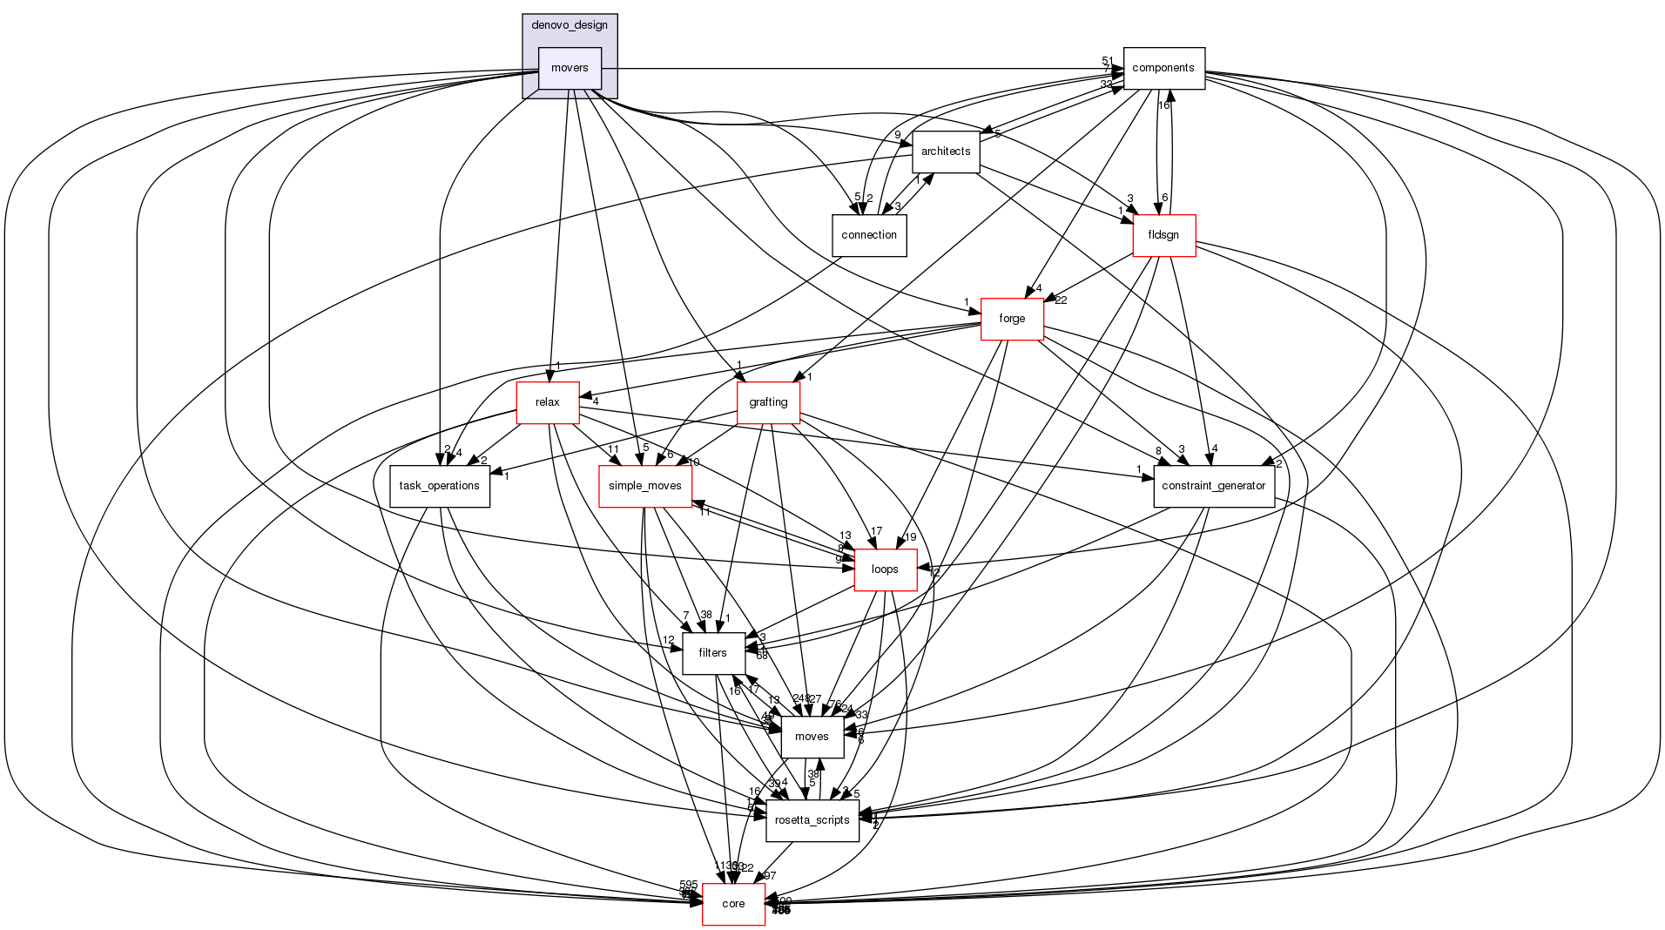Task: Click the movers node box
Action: pyautogui.click(x=570, y=68)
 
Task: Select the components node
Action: pyautogui.click(x=1163, y=68)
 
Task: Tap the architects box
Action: pyautogui.click(x=946, y=152)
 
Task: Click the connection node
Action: pyautogui.click(x=869, y=235)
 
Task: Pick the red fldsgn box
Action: pyautogui.click(x=1163, y=235)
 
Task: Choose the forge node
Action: pyautogui.click(x=1012, y=319)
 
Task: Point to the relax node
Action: pyautogui.click(x=548, y=402)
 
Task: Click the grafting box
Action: pyautogui.click(x=768, y=402)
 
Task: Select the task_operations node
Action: pyautogui.click(x=440, y=486)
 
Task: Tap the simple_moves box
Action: pyautogui.click(x=645, y=486)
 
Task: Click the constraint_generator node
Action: pyautogui.click(x=1214, y=486)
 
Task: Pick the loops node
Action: pyautogui.click(x=885, y=569)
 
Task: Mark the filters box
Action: pyautogui.click(x=713, y=653)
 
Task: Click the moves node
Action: pyautogui.click(x=812, y=737)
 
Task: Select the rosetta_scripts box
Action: pyautogui.click(x=812, y=820)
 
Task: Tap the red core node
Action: pyautogui.click(x=734, y=904)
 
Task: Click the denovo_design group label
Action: pyautogui.click(x=570, y=25)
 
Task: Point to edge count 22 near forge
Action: pyautogui.click(x=1061, y=300)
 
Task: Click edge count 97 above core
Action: pyautogui.click(x=770, y=876)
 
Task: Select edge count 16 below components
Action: pyautogui.click(x=1163, y=105)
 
